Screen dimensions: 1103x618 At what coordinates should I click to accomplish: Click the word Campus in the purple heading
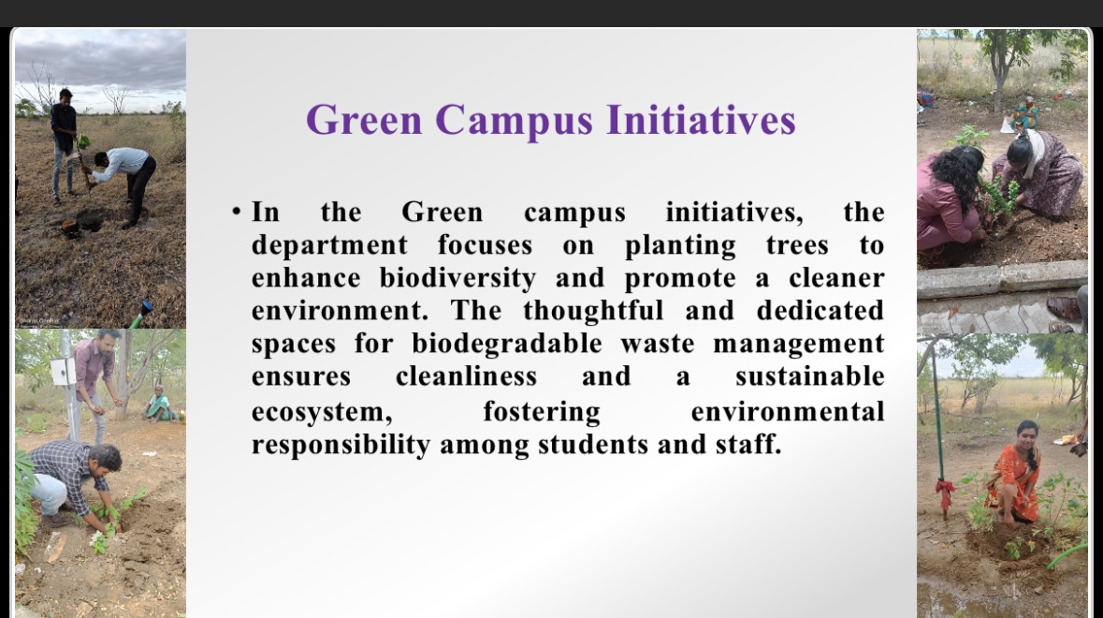pyautogui.click(x=515, y=121)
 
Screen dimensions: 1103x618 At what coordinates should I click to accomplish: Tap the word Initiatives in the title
pyautogui.click(x=701, y=119)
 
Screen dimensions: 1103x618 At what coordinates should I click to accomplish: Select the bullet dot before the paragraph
pyautogui.click(x=237, y=212)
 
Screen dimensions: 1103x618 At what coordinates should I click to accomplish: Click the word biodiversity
pyautogui.click(x=457, y=279)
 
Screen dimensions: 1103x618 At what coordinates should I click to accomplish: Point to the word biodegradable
pyautogui.click(x=506, y=344)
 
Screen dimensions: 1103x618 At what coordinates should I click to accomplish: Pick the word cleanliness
pyautogui.click(x=466, y=375)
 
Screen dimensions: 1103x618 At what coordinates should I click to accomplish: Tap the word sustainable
pyautogui.click(x=809, y=375)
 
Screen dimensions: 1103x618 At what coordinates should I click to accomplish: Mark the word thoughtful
pyautogui.click(x=593, y=311)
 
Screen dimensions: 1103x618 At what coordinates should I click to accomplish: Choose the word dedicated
pyautogui.click(x=820, y=311)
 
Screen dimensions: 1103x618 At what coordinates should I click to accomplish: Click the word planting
pyautogui.click(x=680, y=246)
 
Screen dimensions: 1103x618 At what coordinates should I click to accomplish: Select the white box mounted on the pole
pyautogui.click(x=62, y=371)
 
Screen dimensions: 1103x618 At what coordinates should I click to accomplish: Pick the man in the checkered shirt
pyautogui.click(x=70, y=483)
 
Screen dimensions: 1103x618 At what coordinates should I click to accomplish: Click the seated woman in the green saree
pyautogui.click(x=160, y=404)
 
